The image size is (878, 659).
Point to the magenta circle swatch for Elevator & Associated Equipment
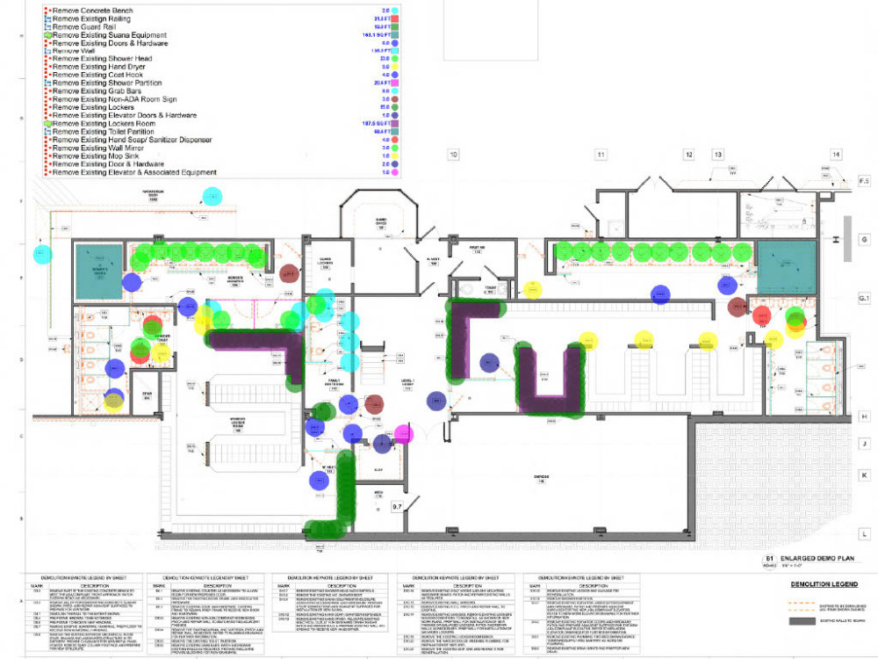point(396,173)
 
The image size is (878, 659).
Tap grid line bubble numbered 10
point(453,156)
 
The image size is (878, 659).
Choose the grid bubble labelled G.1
point(864,301)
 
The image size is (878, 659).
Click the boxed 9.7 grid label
point(397,507)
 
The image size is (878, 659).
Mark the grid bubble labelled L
point(864,533)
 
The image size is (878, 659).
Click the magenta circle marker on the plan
point(404,433)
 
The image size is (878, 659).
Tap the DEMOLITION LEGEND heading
point(821,583)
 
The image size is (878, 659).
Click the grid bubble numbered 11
point(601,156)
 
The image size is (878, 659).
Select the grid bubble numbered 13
point(717,156)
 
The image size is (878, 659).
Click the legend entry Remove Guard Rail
point(83,26)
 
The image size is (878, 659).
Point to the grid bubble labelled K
point(864,474)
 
